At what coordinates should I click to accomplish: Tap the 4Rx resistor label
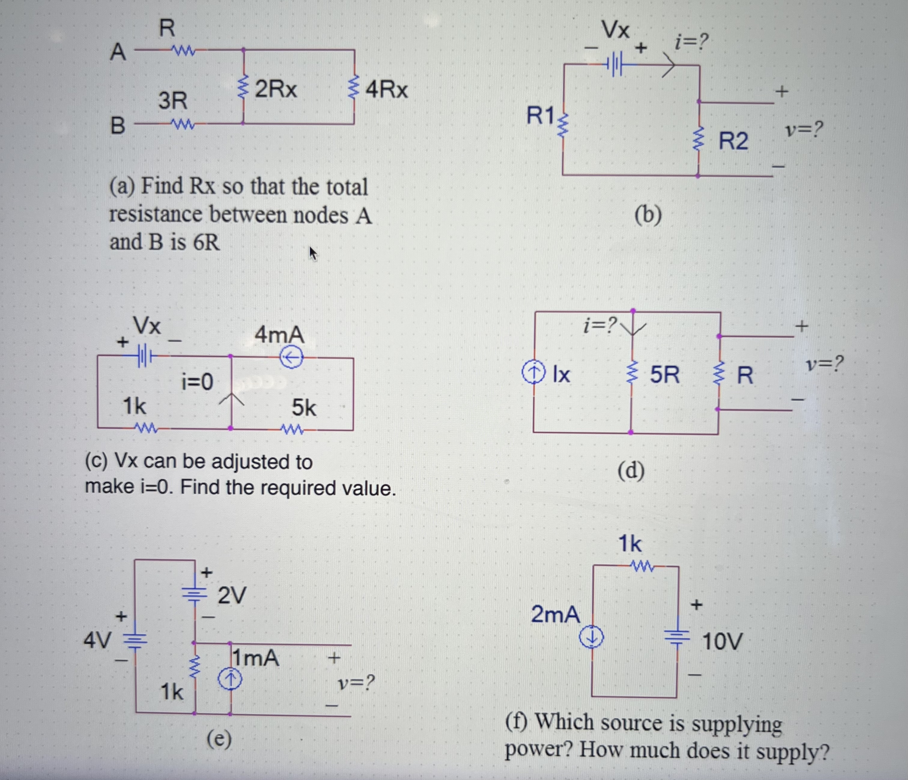387,90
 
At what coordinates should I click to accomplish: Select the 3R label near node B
173,101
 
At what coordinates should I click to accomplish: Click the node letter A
117,53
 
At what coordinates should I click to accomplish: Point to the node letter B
117,126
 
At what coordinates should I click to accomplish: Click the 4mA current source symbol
291,358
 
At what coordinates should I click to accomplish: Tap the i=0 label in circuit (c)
197,382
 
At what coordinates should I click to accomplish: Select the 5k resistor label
304,408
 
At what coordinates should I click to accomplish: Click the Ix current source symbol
534,373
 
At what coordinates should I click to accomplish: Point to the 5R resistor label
664,375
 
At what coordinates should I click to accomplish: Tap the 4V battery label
97,641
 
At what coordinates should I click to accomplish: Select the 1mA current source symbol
230,680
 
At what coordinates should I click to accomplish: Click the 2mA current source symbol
592,638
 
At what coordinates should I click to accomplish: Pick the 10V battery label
722,642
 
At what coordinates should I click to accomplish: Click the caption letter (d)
631,471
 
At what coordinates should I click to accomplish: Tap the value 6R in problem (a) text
206,242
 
